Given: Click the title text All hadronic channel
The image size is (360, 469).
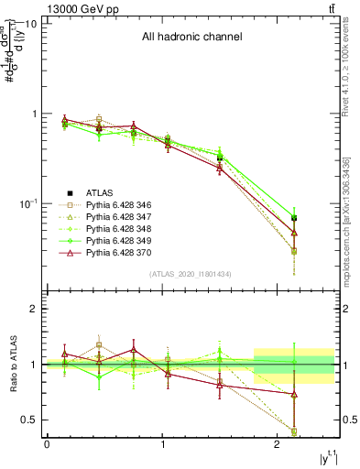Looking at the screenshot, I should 191,38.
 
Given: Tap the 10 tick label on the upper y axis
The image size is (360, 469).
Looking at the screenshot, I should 30,23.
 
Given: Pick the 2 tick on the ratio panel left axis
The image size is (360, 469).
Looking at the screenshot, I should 35,310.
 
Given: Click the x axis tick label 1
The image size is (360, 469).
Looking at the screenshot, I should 163,444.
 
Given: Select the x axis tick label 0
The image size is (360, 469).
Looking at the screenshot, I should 47,444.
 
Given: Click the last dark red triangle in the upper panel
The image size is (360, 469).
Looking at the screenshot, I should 294,233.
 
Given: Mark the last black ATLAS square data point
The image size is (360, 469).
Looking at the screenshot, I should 294,218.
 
